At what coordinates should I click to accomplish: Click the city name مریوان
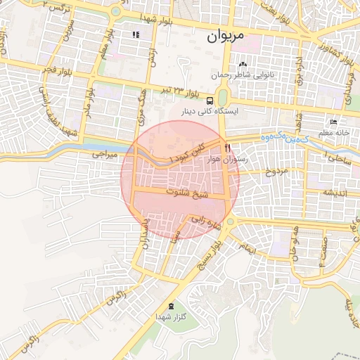coord(226,37)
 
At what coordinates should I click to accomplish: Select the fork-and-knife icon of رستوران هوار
coord(227,148)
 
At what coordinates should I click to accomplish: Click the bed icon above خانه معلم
coord(333,122)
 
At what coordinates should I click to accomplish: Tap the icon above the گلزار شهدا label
coord(171,306)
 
